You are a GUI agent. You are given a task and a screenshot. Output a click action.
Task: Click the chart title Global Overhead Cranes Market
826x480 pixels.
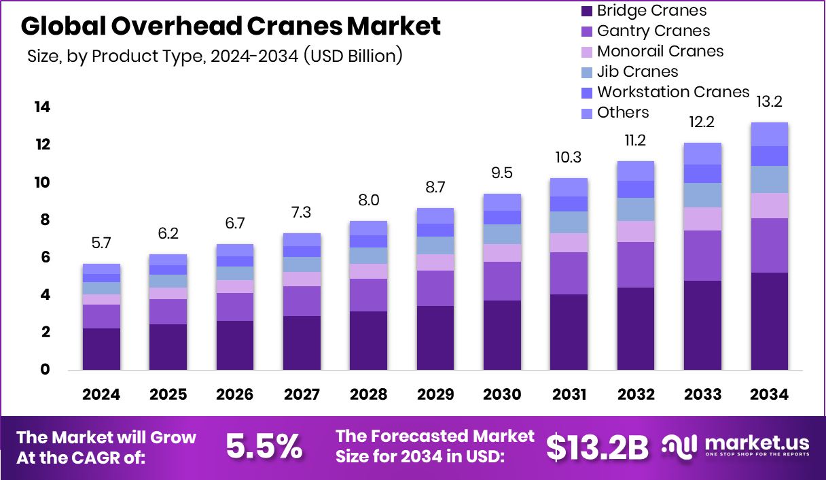(231, 27)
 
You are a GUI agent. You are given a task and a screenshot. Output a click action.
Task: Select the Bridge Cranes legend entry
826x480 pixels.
(651, 11)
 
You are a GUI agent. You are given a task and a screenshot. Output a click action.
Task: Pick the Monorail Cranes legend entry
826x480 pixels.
(660, 51)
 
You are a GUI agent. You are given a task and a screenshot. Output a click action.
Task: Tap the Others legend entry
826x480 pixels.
(623, 112)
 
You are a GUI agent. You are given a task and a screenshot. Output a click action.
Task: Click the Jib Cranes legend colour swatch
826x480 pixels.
(587, 72)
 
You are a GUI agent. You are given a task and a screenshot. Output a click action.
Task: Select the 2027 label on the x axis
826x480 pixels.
(302, 395)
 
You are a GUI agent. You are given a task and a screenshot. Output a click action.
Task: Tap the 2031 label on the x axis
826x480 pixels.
(569, 395)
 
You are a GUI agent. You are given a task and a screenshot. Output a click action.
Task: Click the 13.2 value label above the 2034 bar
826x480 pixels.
(769, 103)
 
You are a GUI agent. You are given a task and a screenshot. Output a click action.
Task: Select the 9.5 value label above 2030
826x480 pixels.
(502, 173)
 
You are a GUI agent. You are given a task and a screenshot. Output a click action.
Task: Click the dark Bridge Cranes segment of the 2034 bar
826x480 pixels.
(769, 321)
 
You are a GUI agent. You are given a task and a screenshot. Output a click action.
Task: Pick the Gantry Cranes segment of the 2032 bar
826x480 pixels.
(636, 264)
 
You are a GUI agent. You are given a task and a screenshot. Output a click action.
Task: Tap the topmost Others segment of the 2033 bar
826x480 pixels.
(702, 154)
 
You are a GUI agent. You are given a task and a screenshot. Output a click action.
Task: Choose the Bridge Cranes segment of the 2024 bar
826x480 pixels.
(101, 349)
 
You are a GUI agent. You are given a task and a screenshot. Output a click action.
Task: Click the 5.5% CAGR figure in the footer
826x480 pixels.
(264, 446)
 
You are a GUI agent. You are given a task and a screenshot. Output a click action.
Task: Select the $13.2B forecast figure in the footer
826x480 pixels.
(597, 446)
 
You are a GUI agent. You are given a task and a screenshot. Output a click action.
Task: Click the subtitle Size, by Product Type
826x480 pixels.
(215, 56)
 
